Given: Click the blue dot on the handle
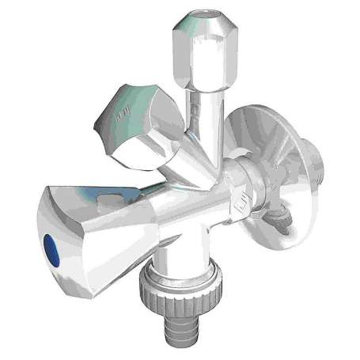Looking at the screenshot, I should (x=54, y=244).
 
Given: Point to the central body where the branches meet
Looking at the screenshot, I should (x=190, y=190).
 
